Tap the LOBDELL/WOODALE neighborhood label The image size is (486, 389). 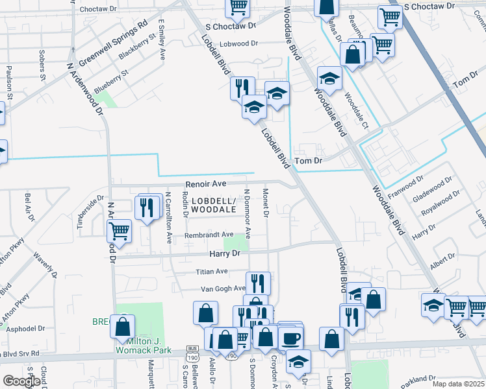[213, 206]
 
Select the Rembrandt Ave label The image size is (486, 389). [209, 235]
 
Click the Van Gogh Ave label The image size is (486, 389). [222, 288]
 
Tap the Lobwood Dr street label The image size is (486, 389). [238, 43]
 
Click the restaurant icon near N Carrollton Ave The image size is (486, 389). [147, 207]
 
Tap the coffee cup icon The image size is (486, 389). [291, 338]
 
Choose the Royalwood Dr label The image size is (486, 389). [441, 203]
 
